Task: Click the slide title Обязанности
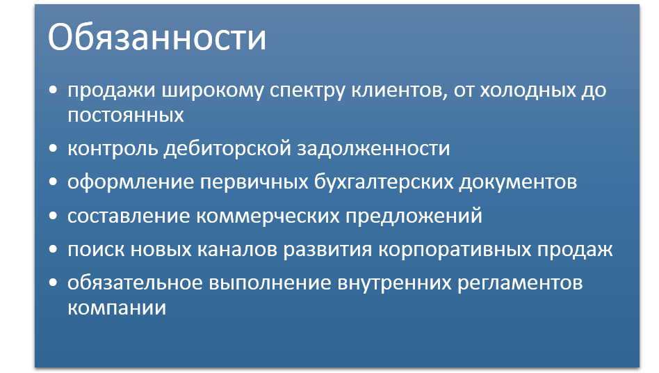click(x=157, y=37)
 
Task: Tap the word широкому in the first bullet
click(x=213, y=90)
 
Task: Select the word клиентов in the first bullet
click(x=399, y=90)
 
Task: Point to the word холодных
click(x=528, y=90)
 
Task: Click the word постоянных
click(x=126, y=116)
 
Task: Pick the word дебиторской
click(x=227, y=148)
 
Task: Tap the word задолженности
click(x=373, y=149)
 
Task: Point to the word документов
click(x=518, y=182)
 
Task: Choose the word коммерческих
click(x=268, y=216)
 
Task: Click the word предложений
click(x=414, y=216)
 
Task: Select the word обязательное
click(x=135, y=282)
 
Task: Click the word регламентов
click(x=520, y=283)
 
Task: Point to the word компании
click(x=117, y=308)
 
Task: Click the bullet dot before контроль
click(x=53, y=148)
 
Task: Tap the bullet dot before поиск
click(x=53, y=249)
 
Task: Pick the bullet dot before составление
click(x=53, y=215)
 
